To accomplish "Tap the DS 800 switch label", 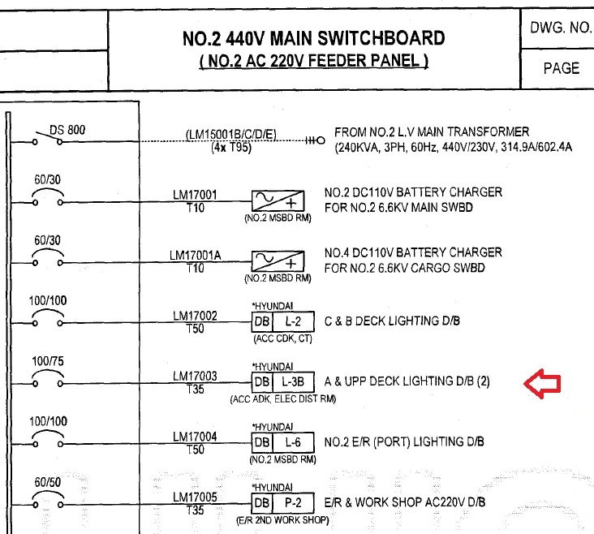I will click(67, 130).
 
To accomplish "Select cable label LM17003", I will click(195, 377).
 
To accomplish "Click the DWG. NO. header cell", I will click(561, 28).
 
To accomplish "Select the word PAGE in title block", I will click(561, 68).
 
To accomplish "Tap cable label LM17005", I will click(195, 497).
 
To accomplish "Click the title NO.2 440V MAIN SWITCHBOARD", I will click(314, 38).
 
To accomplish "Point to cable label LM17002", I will click(195, 316).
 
